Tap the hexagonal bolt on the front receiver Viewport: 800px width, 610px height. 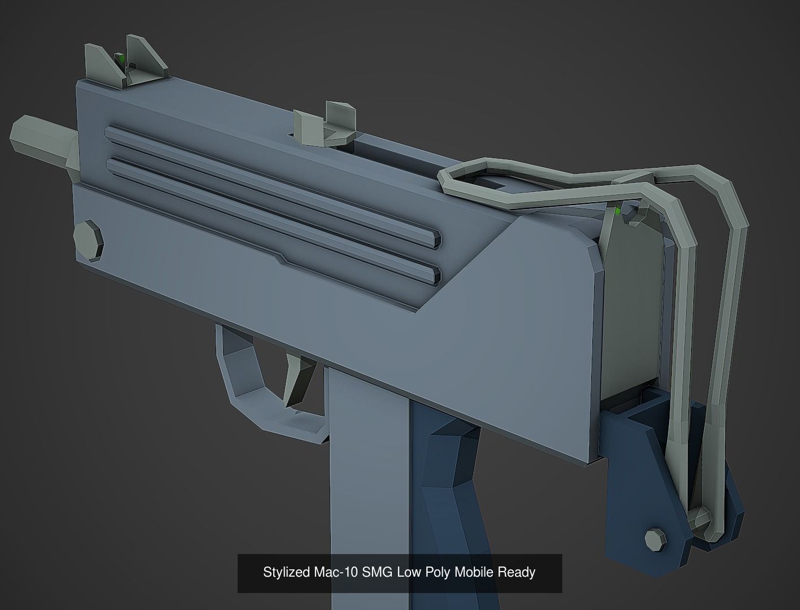tap(90, 240)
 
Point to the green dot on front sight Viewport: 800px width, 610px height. tap(119, 58)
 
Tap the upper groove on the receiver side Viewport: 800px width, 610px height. tap(271, 185)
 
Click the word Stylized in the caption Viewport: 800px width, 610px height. tap(286, 573)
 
